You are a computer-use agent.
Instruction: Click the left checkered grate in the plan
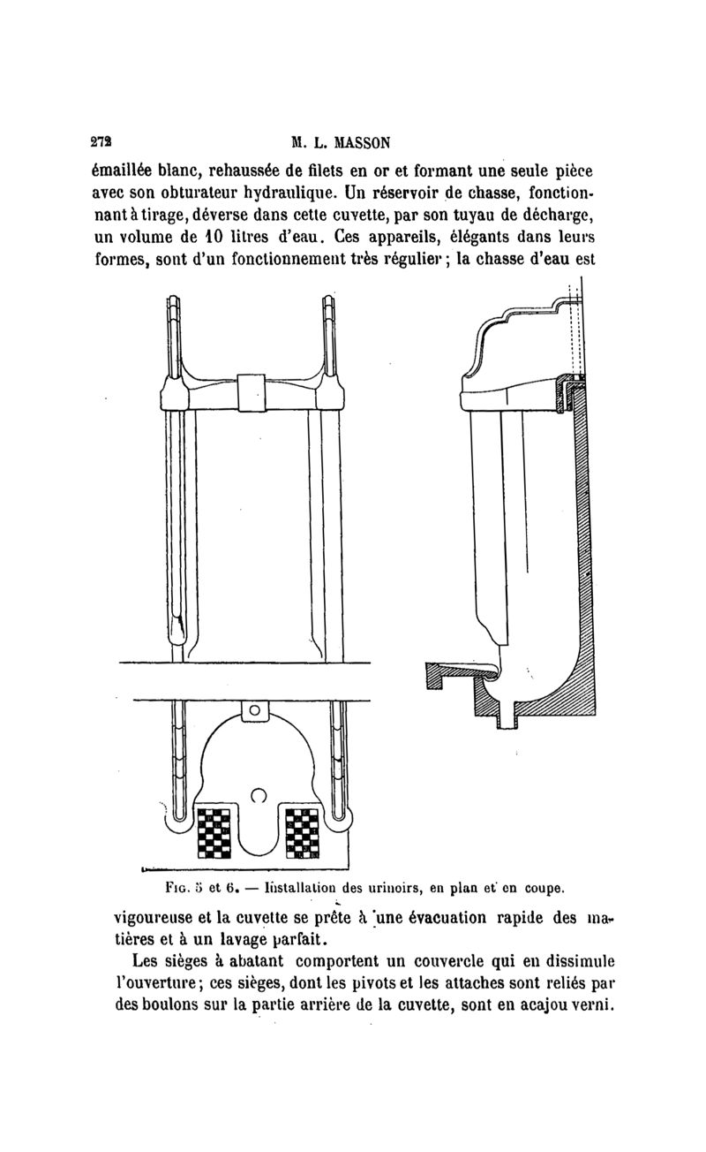[213, 833]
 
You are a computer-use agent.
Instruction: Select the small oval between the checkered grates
[259, 794]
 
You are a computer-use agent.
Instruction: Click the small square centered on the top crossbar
[252, 392]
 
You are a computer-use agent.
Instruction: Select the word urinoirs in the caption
[404, 886]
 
